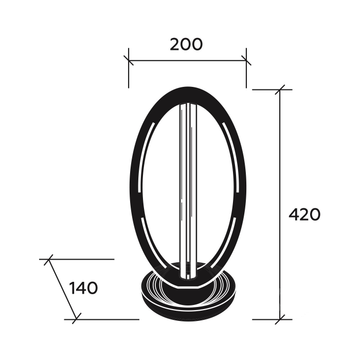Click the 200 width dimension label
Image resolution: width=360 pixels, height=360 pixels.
186,45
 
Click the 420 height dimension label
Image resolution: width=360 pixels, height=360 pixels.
304,215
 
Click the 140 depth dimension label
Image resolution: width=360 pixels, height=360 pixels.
83,288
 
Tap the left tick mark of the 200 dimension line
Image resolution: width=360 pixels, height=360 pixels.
129,60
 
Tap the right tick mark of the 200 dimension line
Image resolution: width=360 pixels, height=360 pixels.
246,60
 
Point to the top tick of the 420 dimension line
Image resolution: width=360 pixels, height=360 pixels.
280,89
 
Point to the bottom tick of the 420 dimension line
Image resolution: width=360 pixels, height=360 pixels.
280,319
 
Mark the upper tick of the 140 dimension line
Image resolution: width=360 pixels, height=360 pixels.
48,259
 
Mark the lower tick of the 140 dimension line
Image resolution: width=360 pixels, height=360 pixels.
77,319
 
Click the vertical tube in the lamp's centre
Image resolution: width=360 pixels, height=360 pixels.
188,191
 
